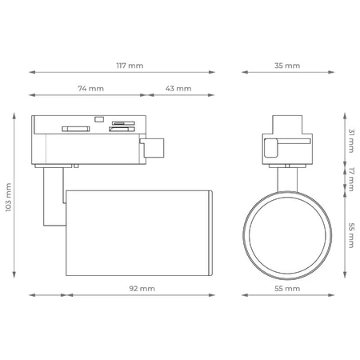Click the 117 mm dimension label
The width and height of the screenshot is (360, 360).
coord(130,66)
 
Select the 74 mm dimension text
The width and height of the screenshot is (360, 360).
coord(91,89)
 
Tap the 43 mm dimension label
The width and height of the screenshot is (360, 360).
coord(178,89)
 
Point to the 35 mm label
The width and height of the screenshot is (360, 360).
coord(287,66)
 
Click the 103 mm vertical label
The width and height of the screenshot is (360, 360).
coord(9,198)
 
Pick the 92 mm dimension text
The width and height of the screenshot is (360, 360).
coord(142,289)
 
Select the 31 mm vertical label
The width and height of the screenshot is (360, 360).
coord(352,141)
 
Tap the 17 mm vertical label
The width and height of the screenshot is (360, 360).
coord(352,179)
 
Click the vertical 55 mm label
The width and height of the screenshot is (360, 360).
coord(352,235)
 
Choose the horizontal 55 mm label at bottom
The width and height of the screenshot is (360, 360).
coord(287,289)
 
